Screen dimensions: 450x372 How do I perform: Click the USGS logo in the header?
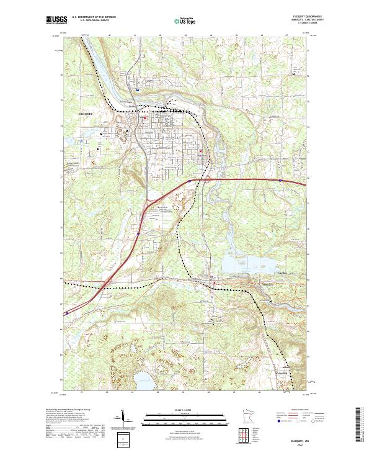(54, 20)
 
